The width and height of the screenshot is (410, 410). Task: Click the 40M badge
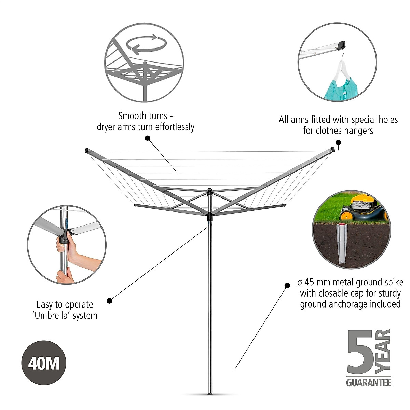43,363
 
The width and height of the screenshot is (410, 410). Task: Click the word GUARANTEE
369,382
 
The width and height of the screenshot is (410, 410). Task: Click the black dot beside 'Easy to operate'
109,301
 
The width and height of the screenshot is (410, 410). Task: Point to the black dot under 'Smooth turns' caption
148,138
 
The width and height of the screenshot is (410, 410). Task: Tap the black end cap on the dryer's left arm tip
86,150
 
